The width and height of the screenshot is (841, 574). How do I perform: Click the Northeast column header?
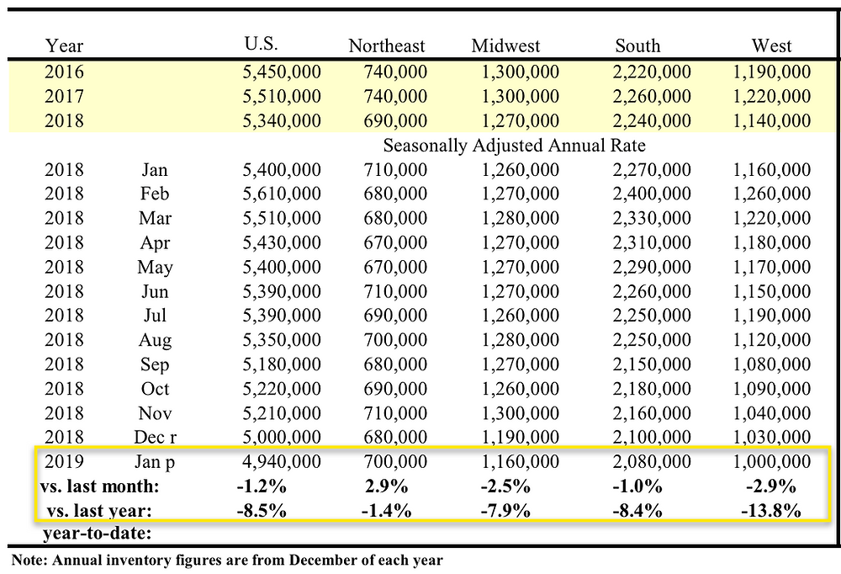coord(386,45)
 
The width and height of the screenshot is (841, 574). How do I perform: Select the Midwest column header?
coord(505,45)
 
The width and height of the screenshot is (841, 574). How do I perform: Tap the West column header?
coord(771,45)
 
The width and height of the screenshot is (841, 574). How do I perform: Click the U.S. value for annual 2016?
coord(282,72)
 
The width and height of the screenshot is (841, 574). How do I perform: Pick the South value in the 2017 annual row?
coord(652,96)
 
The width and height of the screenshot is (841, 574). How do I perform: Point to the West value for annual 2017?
coord(772,96)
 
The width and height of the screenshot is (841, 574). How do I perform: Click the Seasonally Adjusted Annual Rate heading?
coord(514,146)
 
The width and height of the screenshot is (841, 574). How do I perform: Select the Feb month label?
coord(155,194)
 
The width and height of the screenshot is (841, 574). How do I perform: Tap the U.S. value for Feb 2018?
coord(282,194)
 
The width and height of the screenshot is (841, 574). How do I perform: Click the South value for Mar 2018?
coord(652,218)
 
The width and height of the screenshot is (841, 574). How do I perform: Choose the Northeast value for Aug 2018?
coord(395,340)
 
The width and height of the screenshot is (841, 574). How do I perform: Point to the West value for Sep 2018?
coord(772,364)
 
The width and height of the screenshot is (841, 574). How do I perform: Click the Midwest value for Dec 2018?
coord(521,437)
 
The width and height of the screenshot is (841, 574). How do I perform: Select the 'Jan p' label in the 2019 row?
coord(155,462)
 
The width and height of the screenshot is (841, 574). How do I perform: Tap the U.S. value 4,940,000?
coord(282,462)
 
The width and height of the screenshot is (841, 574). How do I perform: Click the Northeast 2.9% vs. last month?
coord(386,486)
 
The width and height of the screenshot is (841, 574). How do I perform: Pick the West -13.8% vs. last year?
coord(771,510)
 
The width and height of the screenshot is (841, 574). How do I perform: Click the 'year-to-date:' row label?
coord(97,534)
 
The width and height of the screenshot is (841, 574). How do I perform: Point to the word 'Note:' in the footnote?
coord(29,560)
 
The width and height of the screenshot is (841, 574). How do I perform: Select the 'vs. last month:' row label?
coord(100,486)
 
